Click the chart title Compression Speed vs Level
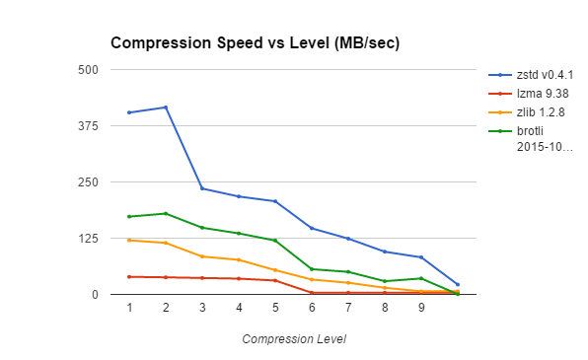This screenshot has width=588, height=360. point(255,43)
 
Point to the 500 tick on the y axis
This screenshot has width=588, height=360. point(89,69)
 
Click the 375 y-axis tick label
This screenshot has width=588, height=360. point(89,125)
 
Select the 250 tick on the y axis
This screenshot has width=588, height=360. point(89,181)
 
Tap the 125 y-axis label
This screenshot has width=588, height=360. point(89,238)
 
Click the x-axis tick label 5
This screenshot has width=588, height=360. point(275,308)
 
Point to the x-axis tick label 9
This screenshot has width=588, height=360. point(421,308)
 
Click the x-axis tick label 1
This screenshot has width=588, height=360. point(129,308)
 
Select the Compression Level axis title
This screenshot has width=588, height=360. point(294,338)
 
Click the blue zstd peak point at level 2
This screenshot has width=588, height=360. point(166,107)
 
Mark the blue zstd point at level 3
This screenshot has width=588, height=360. point(202,188)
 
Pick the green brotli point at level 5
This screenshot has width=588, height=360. point(275,240)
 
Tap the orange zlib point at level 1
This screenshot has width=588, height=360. point(129,240)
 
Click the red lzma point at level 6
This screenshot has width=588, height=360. point(312,292)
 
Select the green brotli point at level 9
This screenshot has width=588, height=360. point(421,278)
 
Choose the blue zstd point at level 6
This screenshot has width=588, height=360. point(312,228)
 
